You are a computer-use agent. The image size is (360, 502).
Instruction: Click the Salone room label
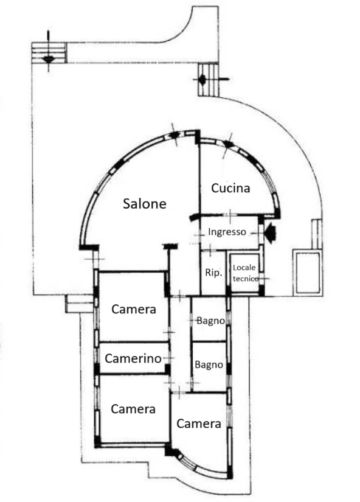(x=145, y=204)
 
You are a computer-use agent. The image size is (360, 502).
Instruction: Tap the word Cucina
(x=230, y=188)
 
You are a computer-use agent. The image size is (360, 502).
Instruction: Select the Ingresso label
(x=227, y=232)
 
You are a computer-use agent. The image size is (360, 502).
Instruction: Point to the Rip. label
(x=213, y=273)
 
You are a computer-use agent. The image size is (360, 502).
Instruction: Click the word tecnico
(x=246, y=279)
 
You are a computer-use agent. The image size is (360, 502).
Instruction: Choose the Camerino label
(x=133, y=358)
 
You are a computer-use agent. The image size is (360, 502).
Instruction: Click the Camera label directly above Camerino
(x=134, y=309)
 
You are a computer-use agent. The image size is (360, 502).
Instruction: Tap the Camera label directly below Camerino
(x=133, y=409)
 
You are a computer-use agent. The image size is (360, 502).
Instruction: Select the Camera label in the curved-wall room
(x=199, y=424)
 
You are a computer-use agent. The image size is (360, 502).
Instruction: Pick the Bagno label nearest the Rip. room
(x=210, y=321)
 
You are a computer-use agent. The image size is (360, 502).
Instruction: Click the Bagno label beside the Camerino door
(x=209, y=364)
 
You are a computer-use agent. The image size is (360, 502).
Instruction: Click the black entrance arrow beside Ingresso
(x=270, y=234)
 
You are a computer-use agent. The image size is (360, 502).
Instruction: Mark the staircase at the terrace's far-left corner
(x=49, y=53)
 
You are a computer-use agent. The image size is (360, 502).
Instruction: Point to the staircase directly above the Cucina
(x=209, y=80)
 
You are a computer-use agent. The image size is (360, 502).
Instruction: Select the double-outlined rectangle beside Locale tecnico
(x=308, y=273)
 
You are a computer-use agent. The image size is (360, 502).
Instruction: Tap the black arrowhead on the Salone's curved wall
(x=174, y=135)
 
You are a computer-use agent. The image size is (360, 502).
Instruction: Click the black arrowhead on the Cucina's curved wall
(x=228, y=144)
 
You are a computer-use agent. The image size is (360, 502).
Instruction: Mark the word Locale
(x=244, y=268)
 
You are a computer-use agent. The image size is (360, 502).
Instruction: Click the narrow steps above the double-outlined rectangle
(x=317, y=234)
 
